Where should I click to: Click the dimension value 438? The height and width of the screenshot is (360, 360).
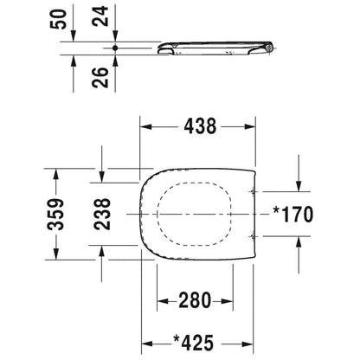pyautogui.click(x=200, y=126)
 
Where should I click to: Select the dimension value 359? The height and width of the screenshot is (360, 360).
pyautogui.click(x=55, y=214)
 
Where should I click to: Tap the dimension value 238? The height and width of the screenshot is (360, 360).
pyautogui.click(x=102, y=214)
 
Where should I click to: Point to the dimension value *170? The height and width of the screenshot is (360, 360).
pyautogui.click(x=293, y=215)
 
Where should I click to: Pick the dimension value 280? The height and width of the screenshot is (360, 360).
pyautogui.click(x=195, y=300)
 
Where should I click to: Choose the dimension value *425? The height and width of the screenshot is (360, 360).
pyautogui.click(x=194, y=343)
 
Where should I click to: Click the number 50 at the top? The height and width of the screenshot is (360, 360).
pyautogui.click(x=59, y=19)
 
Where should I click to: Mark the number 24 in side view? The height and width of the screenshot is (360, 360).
pyautogui.click(x=100, y=16)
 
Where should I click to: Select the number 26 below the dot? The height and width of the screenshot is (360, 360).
pyautogui.click(x=100, y=77)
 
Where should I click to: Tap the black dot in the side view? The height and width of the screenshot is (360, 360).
pyautogui.click(x=115, y=48)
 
